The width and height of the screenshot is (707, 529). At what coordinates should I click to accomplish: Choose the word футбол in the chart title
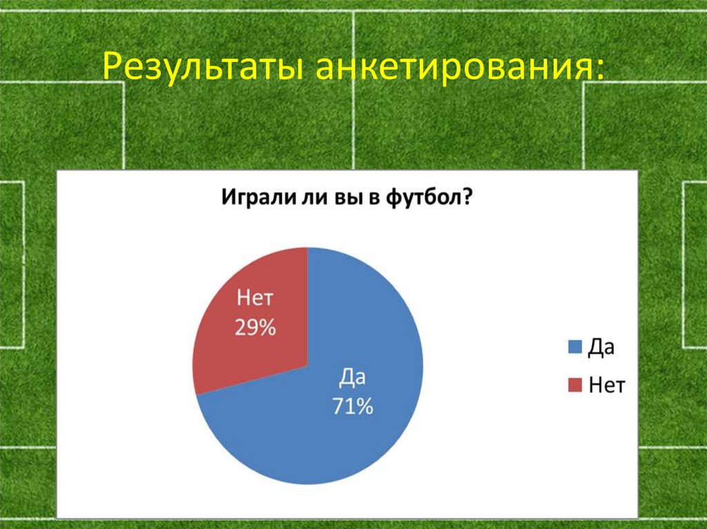pos(420,198)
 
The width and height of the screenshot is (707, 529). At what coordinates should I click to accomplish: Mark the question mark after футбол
pos(467,198)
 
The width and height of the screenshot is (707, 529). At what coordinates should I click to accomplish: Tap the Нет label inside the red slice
pos(255,300)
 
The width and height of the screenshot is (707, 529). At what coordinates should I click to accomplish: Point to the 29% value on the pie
pos(255,328)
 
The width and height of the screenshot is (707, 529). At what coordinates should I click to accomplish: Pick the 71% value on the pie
pos(353,407)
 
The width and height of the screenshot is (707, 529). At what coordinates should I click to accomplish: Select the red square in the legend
pos(574,386)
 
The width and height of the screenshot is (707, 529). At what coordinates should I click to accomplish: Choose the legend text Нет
pos(607,386)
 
